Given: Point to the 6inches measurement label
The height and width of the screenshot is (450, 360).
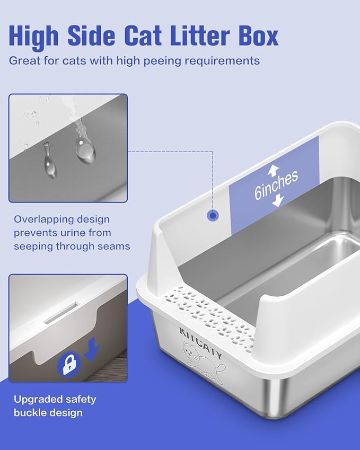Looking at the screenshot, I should pos(276,185).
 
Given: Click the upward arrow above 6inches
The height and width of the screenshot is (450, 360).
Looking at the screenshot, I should pos(273,170).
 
